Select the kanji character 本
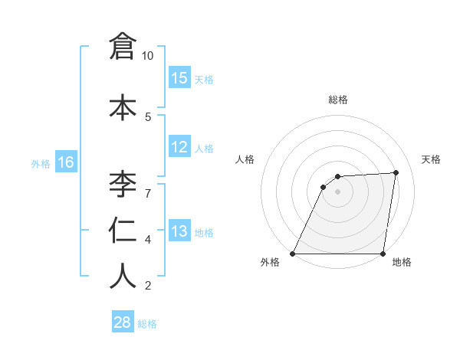pyautogui.click(x=123, y=108)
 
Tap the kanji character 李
pyautogui.click(x=123, y=185)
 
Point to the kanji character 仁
pyautogui.click(x=123, y=231)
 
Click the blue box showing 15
pyautogui.click(x=179, y=78)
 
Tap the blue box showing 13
pyautogui.click(x=179, y=232)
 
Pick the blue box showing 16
pyautogui.click(x=65, y=162)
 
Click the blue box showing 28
pyautogui.click(x=123, y=322)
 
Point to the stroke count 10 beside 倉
pyautogui.click(x=148, y=56)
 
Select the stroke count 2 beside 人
pyautogui.click(x=148, y=286)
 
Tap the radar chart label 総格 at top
pyautogui.click(x=338, y=100)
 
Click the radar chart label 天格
pyautogui.click(x=431, y=159)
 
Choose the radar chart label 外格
pyautogui.click(x=270, y=263)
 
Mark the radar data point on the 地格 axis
pyautogui.click(x=383, y=254)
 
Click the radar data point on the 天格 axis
pyautogui.click(x=396, y=172)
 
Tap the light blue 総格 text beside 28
pyautogui.click(x=147, y=324)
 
